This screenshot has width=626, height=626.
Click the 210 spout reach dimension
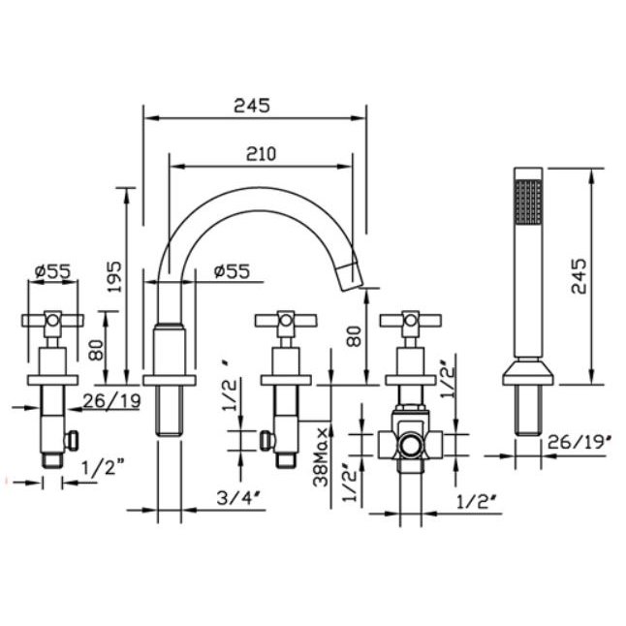(263, 153)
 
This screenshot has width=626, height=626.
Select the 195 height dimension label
(115, 277)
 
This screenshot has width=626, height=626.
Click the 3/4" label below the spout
(237, 501)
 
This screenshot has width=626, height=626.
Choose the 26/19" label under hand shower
(577, 444)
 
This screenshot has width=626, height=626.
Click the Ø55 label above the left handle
(52, 272)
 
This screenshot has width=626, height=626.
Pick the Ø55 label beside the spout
(230, 272)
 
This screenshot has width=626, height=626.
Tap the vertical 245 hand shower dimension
(578, 277)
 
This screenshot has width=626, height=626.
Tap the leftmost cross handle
(52, 320)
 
